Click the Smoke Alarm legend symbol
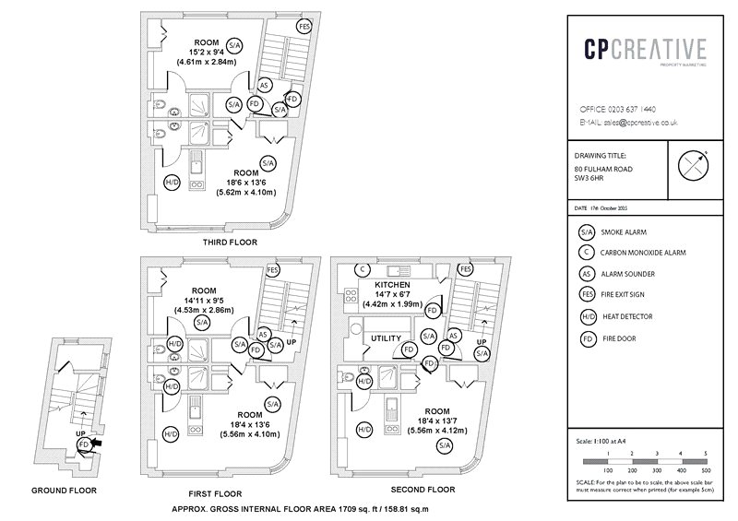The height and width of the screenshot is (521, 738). (x=585, y=233)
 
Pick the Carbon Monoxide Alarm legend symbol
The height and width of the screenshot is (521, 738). (x=585, y=253)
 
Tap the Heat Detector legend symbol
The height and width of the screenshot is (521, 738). (x=585, y=317)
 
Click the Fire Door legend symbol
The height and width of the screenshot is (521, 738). (x=585, y=338)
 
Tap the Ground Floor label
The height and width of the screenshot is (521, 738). (x=64, y=491)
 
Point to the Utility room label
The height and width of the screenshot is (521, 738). (x=386, y=338)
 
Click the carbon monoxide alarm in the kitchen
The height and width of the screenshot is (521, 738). (x=363, y=269)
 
